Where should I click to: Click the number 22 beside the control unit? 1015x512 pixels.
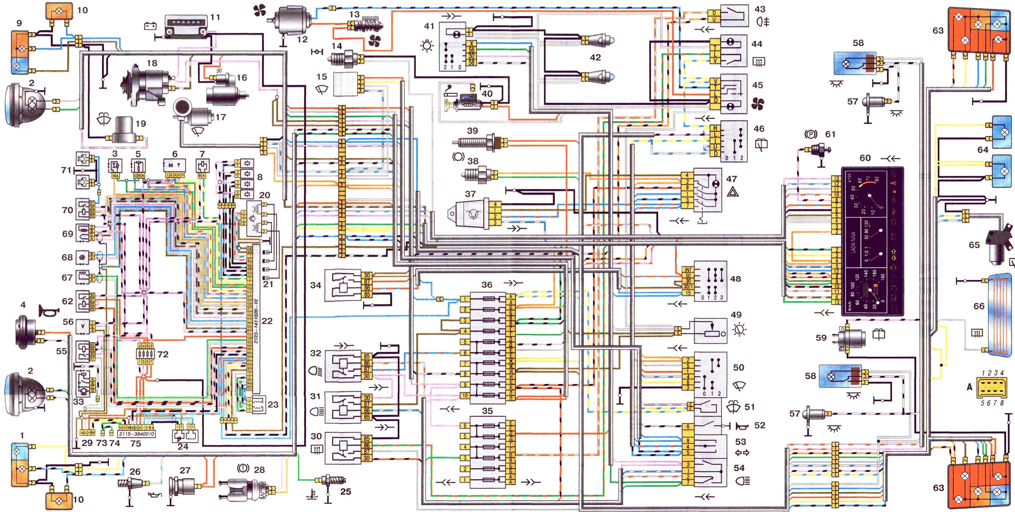click(x=267, y=321)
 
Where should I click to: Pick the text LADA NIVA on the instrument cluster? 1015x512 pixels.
click(x=853, y=241)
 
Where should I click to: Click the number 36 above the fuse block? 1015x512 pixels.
click(x=487, y=285)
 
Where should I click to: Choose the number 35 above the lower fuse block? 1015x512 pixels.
click(x=487, y=411)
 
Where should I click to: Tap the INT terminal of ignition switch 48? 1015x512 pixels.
click(x=688, y=270)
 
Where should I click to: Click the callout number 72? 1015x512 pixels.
click(x=163, y=355)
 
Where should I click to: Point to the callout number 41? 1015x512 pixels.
click(x=429, y=26)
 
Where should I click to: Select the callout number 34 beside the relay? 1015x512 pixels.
click(x=316, y=285)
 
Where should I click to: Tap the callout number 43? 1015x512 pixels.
click(x=760, y=9)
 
